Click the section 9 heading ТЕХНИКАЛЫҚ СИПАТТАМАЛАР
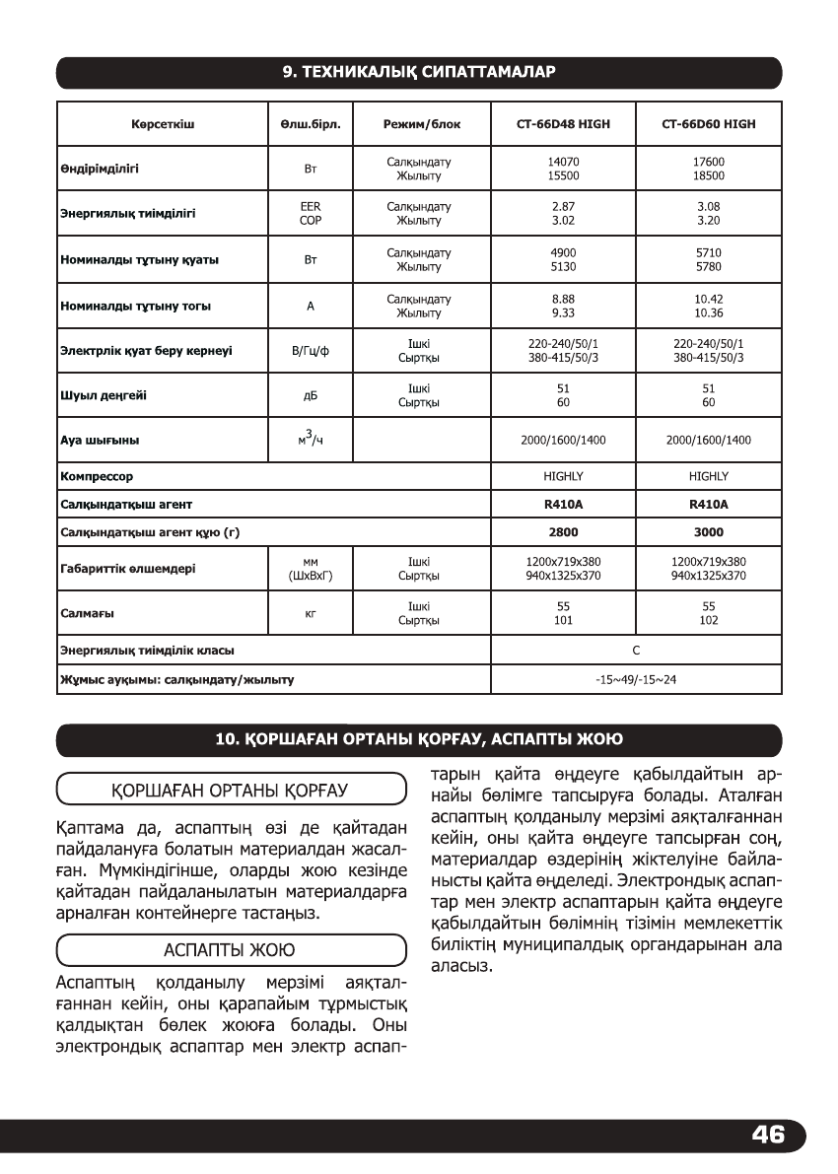(419, 73)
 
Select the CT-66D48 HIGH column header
(562, 125)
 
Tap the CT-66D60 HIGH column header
(708, 125)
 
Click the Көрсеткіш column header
(162, 125)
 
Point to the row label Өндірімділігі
(100, 169)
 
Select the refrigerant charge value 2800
(563, 531)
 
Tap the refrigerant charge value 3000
(708, 531)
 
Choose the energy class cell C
(636, 650)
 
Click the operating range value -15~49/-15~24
(636, 679)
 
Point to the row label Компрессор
(97, 476)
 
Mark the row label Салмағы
(87, 613)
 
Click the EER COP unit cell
(310, 214)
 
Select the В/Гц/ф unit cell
(310, 351)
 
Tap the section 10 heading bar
(419, 739)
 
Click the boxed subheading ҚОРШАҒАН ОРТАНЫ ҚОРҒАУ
(232, 791)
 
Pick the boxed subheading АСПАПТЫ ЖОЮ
(232, 951)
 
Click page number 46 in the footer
(767, 1135)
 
